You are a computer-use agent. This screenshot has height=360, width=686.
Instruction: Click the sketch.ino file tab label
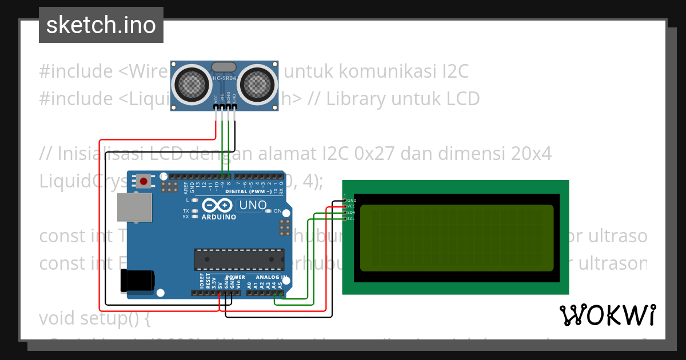[101, 25]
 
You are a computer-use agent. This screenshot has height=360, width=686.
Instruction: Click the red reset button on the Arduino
[143, 182]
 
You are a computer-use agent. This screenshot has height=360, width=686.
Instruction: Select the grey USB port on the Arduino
[135, 207]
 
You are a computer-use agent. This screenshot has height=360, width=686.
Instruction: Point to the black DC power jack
[137, 281]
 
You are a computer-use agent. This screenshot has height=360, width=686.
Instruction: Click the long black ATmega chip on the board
[239, 259]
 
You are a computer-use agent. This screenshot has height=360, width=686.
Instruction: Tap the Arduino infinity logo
[217, 205]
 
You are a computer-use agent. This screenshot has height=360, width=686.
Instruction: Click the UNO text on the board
[253, 205]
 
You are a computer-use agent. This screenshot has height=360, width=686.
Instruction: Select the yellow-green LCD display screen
[457, 238]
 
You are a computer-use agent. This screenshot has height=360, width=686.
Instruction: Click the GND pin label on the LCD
[352, 201]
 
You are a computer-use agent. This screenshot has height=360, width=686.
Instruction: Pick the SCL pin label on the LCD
[352, 218]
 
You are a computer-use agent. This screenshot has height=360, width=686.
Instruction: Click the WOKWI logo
[607, 315]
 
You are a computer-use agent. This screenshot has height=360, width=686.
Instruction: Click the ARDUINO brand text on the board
[218, 217]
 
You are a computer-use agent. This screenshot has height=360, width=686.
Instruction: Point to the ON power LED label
[278, 211]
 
